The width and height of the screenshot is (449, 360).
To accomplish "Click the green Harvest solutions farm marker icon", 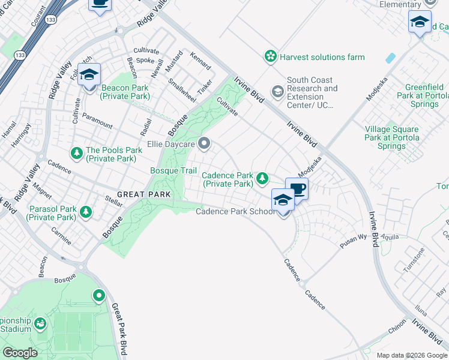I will [x=271, y=57].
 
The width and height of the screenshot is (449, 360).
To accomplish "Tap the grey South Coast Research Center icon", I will [x=277, y=92].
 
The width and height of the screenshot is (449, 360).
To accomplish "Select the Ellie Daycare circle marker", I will [x=205, y=143].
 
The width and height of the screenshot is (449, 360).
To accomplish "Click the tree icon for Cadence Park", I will [x=262, y=178].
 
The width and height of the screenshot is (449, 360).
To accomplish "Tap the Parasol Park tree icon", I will [x=86, y=211].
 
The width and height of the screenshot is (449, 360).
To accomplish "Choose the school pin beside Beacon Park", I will [x=89, y=76].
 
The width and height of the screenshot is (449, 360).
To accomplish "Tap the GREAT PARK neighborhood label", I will [x=144, y=194].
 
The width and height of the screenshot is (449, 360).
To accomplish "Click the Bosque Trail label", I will [x=173, y=171].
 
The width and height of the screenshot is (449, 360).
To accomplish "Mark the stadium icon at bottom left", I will [x=40, y=324].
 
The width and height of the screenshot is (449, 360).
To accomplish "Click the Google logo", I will [x=20, y=353].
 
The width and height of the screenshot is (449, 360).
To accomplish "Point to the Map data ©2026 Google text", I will [x=411, y=355].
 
